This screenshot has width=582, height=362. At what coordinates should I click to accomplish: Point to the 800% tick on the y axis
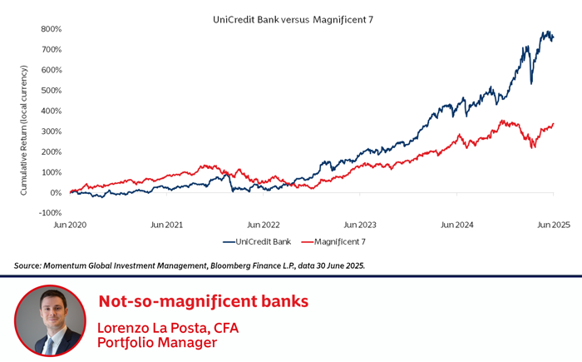[51, 29]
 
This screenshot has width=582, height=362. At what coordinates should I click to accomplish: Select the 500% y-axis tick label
[51, 91]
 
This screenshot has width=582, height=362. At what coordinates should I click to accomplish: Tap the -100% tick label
[50, 213]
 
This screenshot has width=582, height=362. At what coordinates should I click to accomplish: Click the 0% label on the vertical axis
[55, 193]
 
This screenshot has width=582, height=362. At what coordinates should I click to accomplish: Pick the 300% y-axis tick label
[51, 131]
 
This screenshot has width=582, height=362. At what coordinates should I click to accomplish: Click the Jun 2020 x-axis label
[71, 225]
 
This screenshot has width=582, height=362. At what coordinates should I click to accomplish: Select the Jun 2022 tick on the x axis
[264, 225]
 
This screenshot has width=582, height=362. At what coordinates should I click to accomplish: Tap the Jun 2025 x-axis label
[553, 225]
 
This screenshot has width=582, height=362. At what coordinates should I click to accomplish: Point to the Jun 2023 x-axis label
[360, 225]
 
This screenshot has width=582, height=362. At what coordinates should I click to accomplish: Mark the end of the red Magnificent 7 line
[553, 124]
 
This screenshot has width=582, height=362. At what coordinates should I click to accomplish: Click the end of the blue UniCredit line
[553, 38]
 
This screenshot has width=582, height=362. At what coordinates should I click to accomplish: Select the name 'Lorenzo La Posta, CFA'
[168, 327]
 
